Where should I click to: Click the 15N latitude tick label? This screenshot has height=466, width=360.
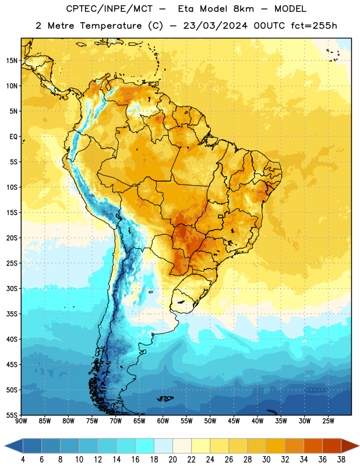coord(12,61)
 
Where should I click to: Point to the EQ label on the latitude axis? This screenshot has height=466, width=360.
coord(13,137)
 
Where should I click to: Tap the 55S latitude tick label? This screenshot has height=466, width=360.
coord(12,415)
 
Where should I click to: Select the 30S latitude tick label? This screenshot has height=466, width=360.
coord(12,288)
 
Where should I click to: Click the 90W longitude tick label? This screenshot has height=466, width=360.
coord(21,421)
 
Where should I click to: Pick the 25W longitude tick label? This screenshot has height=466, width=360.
coord(328,421)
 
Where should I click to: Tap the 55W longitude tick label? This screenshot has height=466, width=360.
coord(186,421)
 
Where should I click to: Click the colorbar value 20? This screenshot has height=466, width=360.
coord(172,460)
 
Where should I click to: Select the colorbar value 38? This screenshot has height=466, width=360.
coord(341,460)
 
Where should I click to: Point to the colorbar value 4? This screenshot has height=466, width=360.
coord(23,460)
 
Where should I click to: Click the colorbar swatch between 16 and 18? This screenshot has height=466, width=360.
coord(145,446)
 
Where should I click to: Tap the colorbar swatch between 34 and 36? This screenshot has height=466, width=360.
coord(313,446)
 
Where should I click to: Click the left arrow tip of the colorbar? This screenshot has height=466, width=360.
coord(5,446)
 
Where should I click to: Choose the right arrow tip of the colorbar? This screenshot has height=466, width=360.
coord(359,446)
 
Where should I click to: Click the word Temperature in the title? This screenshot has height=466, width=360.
coord(111,26)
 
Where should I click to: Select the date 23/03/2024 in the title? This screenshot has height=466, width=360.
coord(215,26)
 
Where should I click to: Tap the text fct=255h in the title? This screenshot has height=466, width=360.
coord(314,26)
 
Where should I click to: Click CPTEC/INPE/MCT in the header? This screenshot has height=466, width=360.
coord(109,9)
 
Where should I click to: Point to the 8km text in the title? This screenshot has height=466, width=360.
coord(243,9)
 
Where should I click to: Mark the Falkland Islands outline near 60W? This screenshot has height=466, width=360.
coord(165,398)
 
